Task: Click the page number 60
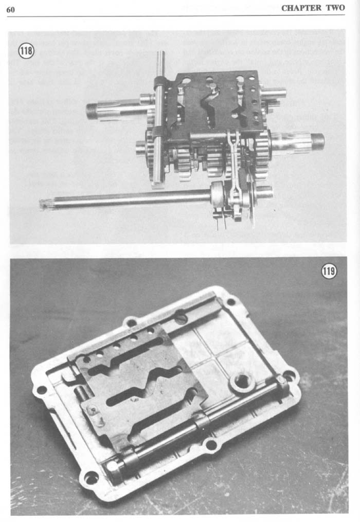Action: [11, 9]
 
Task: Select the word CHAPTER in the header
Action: [301, 8]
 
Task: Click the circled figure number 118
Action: [26, 51]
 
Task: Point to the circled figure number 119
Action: [329, 271]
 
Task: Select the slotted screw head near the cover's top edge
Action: [181, 318]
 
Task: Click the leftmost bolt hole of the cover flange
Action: [41, 389]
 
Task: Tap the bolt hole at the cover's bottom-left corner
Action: [91, 479]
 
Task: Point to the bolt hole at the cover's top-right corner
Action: [230, 302]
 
